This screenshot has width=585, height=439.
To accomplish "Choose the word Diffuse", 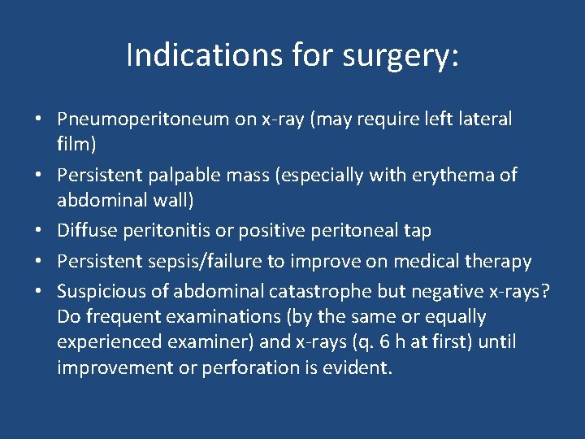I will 84,231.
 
